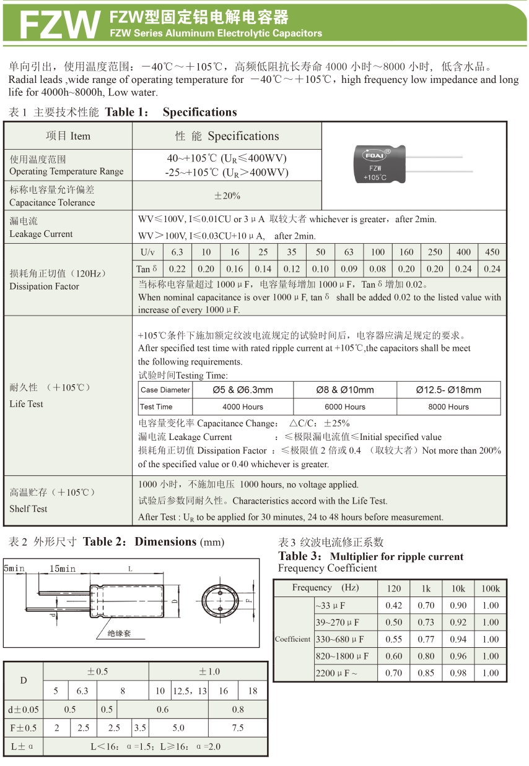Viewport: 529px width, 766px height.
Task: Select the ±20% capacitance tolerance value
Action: pos(227,196)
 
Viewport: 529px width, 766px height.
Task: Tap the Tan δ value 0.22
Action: pos(177,269)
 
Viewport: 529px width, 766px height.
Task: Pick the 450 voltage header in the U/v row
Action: pos(492,252)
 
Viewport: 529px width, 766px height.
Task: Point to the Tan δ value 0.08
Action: pos(377,269)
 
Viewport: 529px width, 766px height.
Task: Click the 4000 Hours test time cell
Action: pos(243,407)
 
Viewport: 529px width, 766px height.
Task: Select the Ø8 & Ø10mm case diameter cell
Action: pos(344,390)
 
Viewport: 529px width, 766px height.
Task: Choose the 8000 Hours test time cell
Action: pos(448,407)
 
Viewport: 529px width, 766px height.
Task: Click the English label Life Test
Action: pos(27,404)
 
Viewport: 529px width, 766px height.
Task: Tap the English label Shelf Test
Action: pos(28,509)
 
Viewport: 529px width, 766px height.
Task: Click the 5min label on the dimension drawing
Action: pos(14,568)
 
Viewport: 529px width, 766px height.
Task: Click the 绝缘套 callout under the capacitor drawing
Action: pos(119,634)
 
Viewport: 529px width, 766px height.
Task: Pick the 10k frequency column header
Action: pos(458,588)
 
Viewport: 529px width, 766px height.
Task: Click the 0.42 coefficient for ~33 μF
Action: pos(393,606)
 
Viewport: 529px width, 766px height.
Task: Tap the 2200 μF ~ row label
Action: pos(336,673)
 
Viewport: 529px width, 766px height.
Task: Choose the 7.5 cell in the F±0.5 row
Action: pos(238,728)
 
